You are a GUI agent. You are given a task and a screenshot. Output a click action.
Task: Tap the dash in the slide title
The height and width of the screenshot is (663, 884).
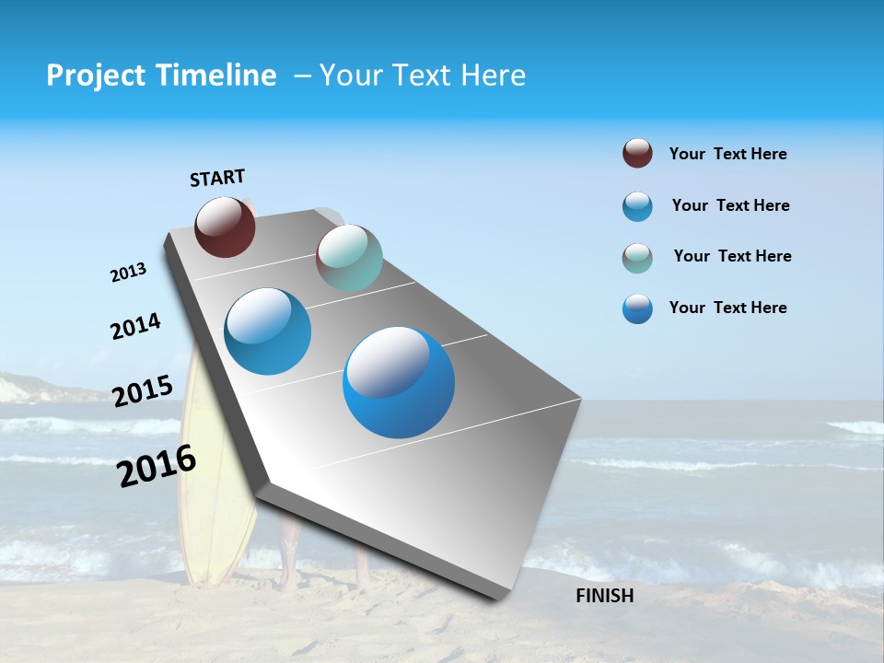(x=302, y=76)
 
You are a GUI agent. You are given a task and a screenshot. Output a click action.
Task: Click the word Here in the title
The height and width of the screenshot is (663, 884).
(x=493, y=76)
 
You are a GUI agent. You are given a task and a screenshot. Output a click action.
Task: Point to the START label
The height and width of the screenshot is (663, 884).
(x=217, y=178)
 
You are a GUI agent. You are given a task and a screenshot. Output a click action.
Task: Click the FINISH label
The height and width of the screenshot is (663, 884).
(x=604, y=596)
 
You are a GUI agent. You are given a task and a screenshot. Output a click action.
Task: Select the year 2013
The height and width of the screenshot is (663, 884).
(x=128, y=273)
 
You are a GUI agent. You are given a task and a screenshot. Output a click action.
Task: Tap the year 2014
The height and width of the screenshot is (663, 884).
(x=135, y=326)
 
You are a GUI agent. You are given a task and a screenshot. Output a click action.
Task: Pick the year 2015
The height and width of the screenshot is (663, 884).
(x=143, y=391)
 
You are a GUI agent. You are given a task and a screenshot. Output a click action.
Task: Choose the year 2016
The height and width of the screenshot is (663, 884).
(x=157, y=466)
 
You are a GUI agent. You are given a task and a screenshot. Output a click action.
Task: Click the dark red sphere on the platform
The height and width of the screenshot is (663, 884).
(x=225, y=227)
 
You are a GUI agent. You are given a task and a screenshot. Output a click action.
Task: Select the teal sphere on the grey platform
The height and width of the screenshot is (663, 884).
(x=349, y=258)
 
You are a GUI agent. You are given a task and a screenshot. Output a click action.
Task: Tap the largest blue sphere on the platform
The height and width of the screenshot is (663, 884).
(x=399, y=382)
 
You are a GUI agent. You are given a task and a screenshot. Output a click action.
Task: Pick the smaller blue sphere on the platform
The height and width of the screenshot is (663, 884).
(x=268, y=331)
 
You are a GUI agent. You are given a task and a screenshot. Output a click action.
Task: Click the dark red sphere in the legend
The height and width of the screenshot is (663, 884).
(x=637, y=153)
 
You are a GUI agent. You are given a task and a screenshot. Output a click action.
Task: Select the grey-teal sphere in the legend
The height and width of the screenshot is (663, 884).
(x=637, y=258)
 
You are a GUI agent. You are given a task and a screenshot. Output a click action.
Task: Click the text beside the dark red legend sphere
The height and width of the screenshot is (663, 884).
(x=727, y=154)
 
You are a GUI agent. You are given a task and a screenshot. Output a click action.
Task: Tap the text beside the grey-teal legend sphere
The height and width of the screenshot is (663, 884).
(x=732, y=256)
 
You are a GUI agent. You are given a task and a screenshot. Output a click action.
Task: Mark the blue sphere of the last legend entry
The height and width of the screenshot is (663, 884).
(x=637, y=308)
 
